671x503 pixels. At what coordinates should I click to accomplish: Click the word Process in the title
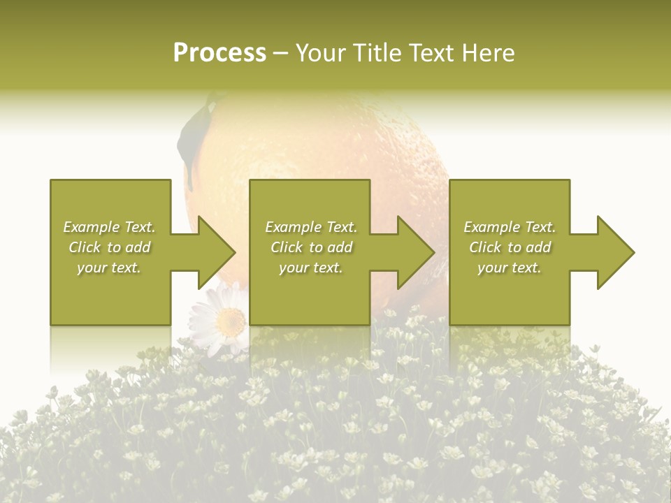click(219, 53)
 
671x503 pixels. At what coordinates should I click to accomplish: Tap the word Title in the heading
click(376, 53)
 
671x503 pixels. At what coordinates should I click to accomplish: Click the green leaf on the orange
click(192, 136)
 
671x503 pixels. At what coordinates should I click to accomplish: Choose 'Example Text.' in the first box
click(109, 227)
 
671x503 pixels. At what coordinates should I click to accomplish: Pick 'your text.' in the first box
click(109, 268)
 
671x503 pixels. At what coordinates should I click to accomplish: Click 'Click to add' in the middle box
click(311, 247)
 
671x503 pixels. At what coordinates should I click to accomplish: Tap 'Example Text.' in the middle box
click(311, 227)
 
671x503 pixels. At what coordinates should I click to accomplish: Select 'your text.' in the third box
click(510, 268)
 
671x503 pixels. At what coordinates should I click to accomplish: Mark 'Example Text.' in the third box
click(510, 227)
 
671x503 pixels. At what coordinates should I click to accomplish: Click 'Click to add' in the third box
click(510, 247)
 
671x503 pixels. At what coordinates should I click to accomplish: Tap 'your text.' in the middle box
click(311, 268)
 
